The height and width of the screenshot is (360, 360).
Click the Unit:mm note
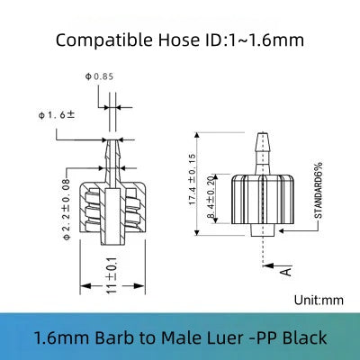pyautogui.click(x=317, y=301)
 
